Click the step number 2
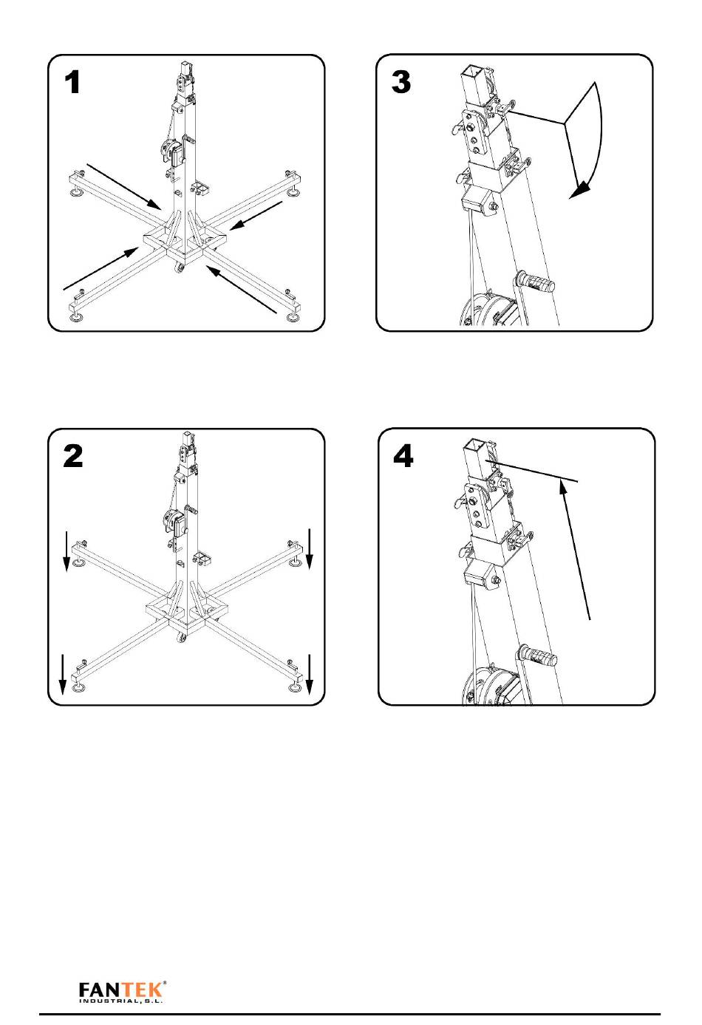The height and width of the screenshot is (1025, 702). point(73,456)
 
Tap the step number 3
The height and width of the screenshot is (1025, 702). point(401,82)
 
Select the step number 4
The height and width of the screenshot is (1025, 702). point(403,456)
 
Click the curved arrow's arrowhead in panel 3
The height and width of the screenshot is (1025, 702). point(579,190)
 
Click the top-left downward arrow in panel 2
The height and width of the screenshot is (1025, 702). point(67,551)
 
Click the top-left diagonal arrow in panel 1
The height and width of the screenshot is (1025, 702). point(123,187)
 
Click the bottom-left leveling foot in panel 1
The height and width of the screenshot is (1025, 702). point(75,317)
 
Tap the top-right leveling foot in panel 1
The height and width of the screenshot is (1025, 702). point(293,193)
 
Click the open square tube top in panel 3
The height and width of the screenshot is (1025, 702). point(471,71)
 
